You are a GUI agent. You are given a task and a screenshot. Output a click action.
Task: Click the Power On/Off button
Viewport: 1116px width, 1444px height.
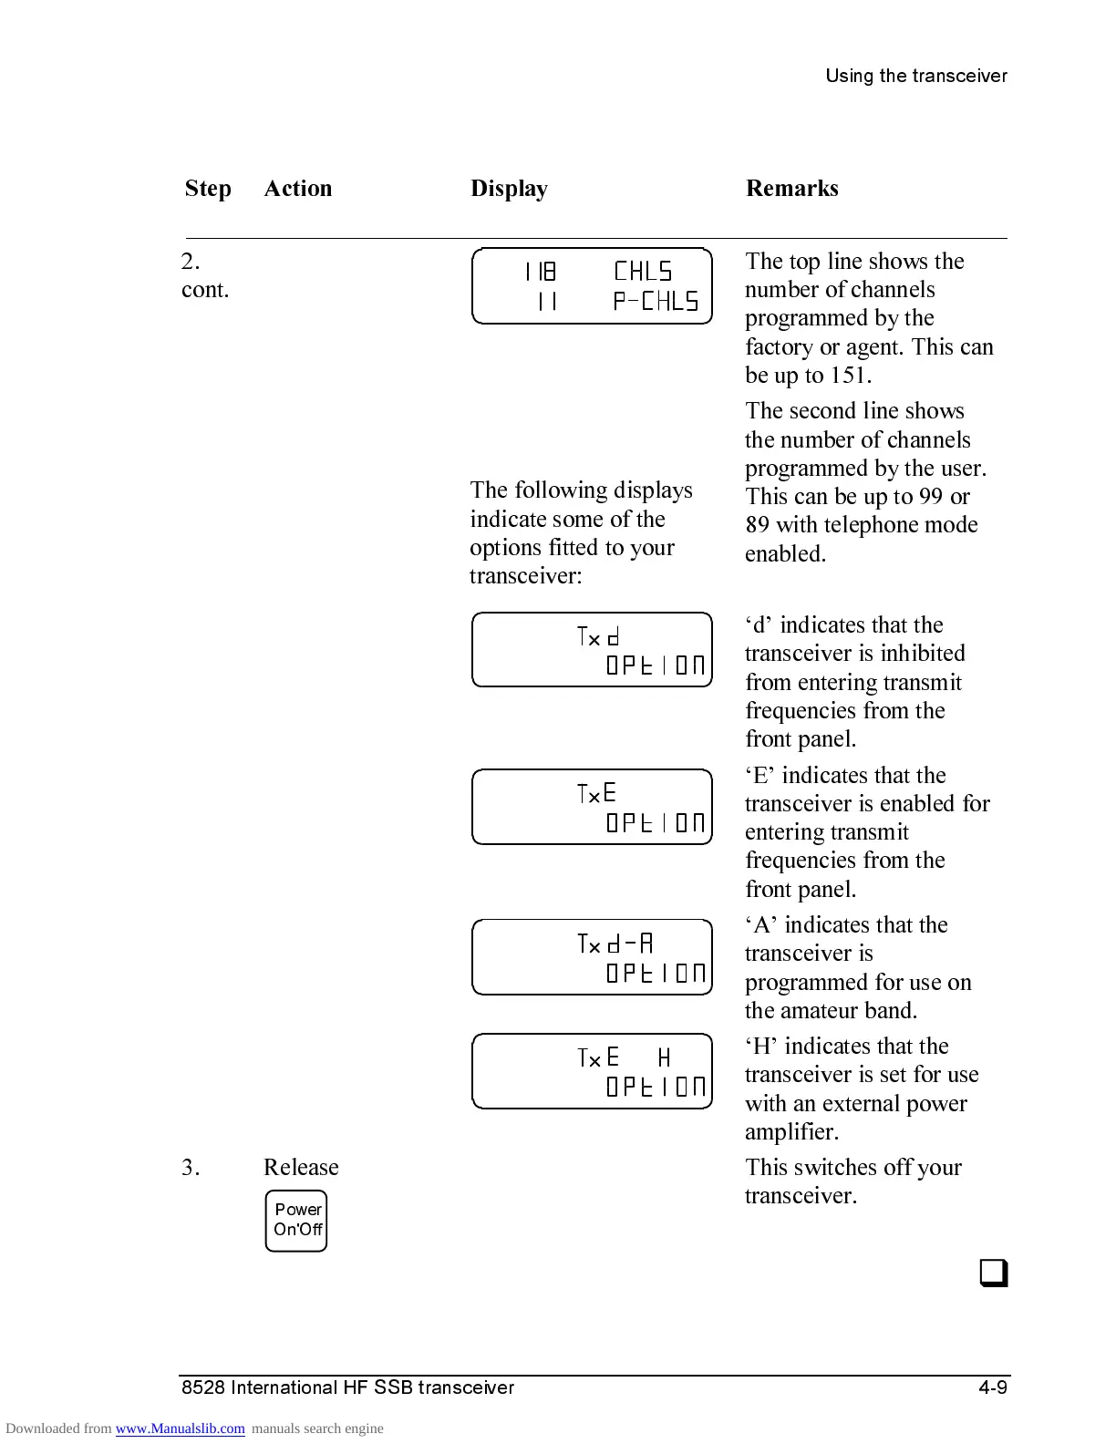point(296,1221)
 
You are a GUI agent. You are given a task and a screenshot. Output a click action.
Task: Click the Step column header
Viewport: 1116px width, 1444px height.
point(208,189)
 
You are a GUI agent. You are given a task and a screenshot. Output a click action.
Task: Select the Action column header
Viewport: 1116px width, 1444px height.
point(298,189)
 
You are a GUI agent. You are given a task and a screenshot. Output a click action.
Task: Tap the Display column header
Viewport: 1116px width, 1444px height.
point(509,189)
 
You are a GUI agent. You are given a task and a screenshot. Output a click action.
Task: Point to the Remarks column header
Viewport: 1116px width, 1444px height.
point(791,189)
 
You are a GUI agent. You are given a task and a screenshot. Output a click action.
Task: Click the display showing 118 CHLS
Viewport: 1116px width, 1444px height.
point(592,285)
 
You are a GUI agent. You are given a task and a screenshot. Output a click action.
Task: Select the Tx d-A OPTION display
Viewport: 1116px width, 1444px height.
point(592,957)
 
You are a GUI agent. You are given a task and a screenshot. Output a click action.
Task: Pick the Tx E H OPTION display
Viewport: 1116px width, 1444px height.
point(592,1071)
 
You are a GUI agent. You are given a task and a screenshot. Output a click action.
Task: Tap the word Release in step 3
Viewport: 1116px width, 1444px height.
point(301,1168)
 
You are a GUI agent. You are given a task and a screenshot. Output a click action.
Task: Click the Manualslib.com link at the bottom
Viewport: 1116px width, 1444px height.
point(180,1429)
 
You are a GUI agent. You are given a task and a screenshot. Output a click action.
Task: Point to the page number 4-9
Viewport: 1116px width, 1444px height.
point(992,1387)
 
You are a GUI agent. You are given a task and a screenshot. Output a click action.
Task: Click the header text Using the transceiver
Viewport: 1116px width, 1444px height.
point(915,77)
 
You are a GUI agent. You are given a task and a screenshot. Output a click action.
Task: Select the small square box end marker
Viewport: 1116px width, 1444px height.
point(994,1273)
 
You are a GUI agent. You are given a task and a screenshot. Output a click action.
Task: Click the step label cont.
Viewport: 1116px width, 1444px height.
point(205,290)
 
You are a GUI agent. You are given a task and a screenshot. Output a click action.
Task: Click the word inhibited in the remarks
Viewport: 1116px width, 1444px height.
point(922,654)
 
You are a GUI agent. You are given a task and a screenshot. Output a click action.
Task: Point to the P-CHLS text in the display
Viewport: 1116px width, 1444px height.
point(656,302)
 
